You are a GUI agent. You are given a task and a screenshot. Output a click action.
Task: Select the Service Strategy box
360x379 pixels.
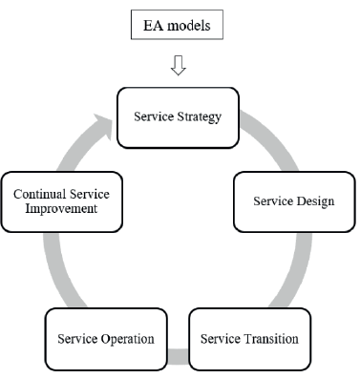click(178, 117)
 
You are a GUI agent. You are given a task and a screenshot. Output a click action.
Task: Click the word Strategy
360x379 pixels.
click(201, 117)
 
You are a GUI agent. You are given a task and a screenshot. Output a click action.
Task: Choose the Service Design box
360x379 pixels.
click(293, 201)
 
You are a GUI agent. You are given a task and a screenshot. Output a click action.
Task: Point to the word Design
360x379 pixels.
click(314, 201)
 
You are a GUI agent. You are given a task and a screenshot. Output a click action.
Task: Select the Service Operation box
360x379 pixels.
click(105, 338)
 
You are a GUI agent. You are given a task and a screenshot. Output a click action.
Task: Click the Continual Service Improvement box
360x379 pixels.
click(61, 201)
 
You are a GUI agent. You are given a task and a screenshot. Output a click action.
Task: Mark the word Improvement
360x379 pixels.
click(61, 210)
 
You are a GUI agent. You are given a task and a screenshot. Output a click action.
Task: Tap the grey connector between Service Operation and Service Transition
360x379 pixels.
click(178, 357)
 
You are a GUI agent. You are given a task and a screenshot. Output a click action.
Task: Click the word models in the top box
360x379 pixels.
click(195, 23)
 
